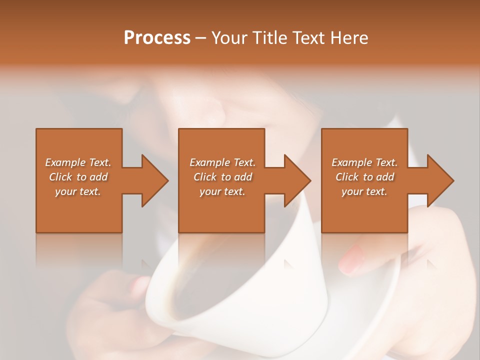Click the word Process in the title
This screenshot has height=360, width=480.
tap(157, 38)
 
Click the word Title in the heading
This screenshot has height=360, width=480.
tap(268, 38)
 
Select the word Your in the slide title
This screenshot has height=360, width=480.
tap(230, 38)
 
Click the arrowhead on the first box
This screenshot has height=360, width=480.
tap(154, 180)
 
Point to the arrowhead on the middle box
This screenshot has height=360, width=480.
tap(296, 180)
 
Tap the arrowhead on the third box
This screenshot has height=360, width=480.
tap(440, 180)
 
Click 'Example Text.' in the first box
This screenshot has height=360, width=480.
tap(78, 162)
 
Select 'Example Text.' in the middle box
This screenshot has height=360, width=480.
tap(222, 162)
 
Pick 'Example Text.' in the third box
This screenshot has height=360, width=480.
tap(364, 162)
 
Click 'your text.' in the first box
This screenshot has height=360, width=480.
tap(78, 191)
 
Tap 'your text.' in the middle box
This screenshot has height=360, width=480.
tap(222, 191)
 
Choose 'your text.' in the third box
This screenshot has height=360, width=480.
tap(364, 191)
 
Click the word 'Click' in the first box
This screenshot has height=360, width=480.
tap(60, 177)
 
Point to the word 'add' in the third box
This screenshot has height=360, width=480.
tap(385, 177)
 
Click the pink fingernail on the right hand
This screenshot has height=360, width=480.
tap(352, 259)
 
